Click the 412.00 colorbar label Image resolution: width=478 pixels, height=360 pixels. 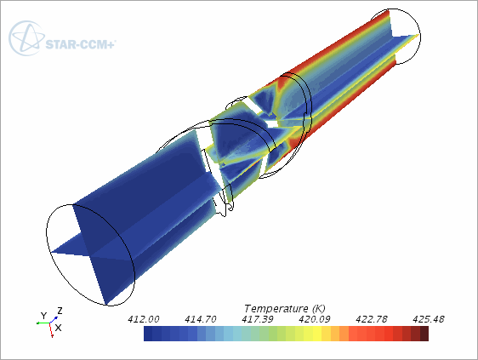coord(143,319)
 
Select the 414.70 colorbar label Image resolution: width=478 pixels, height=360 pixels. coord(200,319)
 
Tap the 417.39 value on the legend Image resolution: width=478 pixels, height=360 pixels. coord(258,319)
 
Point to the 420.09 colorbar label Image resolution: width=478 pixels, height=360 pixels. coord(315,319)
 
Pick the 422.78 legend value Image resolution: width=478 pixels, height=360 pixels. coord(372,319)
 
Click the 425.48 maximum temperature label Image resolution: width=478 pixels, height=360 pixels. coord(429,319)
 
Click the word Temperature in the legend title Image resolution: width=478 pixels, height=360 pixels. coord(276,309)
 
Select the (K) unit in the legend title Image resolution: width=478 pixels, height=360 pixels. coord(319,309)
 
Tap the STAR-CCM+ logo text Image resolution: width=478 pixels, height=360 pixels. coord(81,44)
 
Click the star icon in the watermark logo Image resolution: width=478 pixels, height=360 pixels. coord(27,38)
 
